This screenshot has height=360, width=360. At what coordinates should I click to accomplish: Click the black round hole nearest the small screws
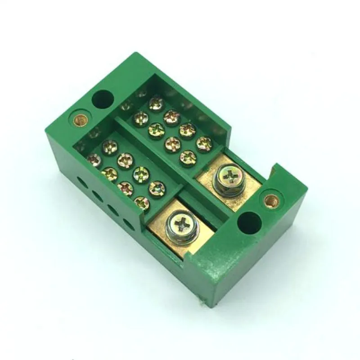coord(103,99)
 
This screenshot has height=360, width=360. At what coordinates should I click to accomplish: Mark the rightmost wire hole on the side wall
coord(129,225)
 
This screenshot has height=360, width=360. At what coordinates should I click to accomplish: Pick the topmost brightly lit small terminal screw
coord(156,103)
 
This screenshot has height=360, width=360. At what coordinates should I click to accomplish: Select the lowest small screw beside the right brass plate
coord(188,157)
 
